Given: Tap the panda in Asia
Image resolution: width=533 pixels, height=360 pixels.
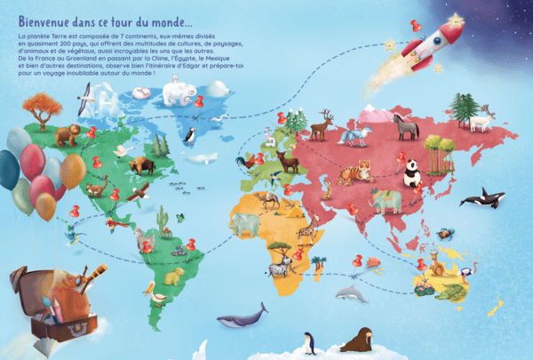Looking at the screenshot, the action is pos(412,172).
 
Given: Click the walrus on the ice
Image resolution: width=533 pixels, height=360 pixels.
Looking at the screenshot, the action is pos(358,340).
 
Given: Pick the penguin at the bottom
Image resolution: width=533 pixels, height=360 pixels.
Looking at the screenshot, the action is pos(308,342).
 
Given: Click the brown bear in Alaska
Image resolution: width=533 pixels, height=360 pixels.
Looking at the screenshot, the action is pos(67,135).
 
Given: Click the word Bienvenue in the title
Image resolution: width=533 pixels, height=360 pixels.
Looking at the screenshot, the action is pos(51,18).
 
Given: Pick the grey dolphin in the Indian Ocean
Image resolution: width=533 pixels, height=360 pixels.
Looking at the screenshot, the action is pos(350,294).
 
